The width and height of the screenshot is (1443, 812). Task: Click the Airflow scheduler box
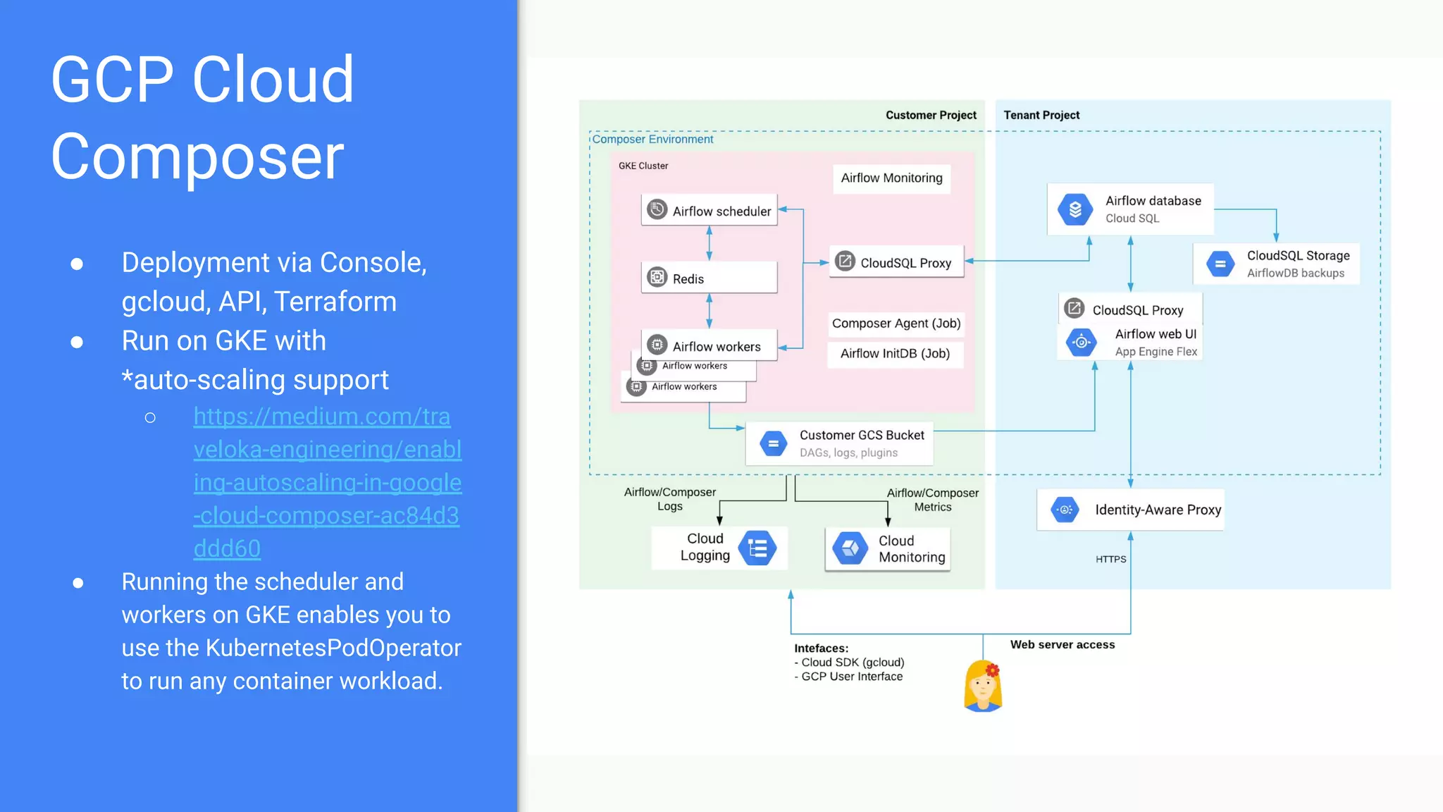pos(709,210)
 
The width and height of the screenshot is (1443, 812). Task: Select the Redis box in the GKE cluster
pos(709,278)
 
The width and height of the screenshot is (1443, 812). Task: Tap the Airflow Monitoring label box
pos(891,178)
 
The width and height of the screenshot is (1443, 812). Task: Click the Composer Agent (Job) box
pos(896,324)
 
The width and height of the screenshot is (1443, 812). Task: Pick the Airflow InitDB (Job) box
pos(895,354)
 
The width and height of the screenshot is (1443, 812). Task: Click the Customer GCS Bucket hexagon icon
pos(773,443)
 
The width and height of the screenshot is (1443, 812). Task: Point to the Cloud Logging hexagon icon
pos(757,548)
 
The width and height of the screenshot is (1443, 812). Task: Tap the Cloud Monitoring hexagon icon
pos(850,548)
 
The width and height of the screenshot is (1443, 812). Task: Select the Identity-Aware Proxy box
pos(1130,510)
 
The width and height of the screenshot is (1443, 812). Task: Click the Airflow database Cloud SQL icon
pos(1075,209)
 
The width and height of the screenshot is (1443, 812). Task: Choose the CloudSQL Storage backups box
pos(1276,264)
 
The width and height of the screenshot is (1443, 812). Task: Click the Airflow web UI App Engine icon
pos(1082,343)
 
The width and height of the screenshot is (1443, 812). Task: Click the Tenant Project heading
pos(1041,115)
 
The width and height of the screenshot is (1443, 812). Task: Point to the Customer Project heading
pos(931,115)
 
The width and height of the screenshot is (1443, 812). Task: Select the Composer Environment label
pos(652,140)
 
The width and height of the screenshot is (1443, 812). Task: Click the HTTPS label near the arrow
pos(1110,559)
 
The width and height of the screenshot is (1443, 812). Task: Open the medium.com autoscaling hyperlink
pos(327,482)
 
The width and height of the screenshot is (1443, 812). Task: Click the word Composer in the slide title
pos(198,156)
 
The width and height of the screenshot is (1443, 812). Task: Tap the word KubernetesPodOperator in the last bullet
pos(333,648)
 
